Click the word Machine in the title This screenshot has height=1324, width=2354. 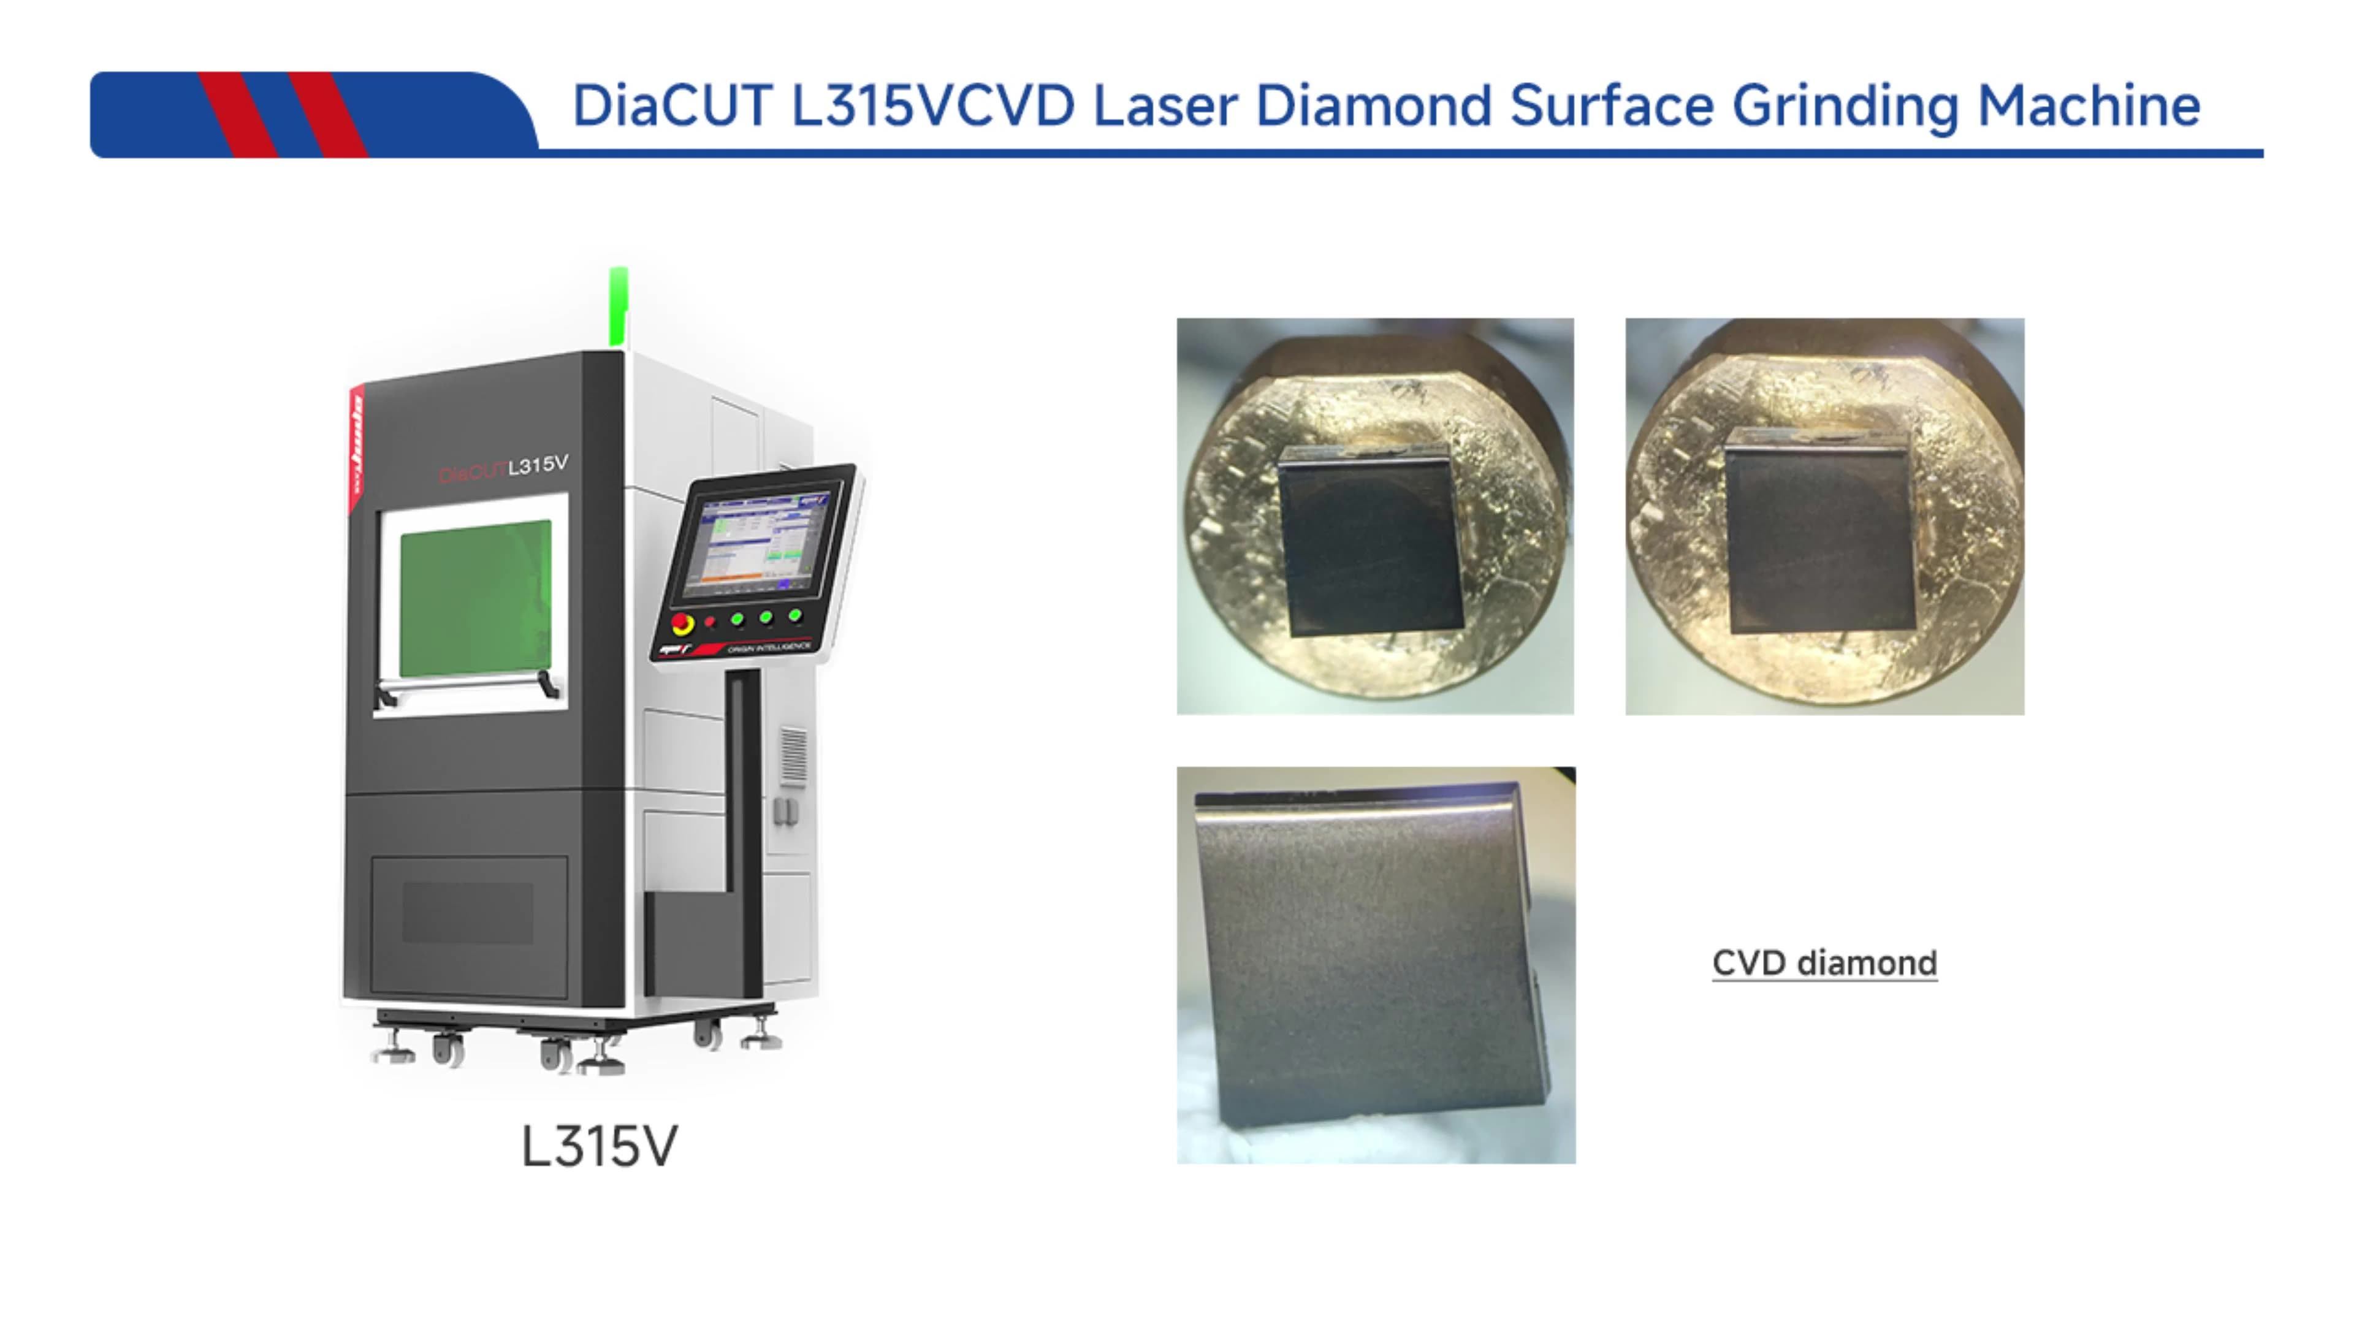[2088, 106]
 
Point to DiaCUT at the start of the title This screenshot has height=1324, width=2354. [672, 106]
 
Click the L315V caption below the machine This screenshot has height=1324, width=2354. [600, 1146]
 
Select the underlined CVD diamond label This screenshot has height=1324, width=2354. [1824, 963]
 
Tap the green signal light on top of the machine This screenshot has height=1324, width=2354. [619, 306]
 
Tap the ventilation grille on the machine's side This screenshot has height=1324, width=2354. [793, 756]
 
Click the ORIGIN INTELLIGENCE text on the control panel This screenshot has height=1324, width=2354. [769, 647]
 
